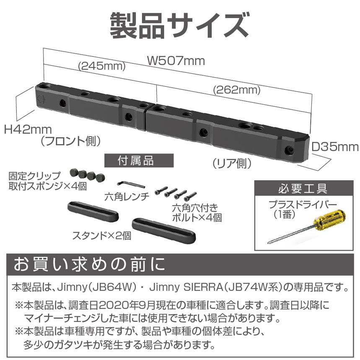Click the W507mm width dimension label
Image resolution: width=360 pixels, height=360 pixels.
(176, 61)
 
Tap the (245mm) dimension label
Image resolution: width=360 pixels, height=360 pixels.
(101, 66)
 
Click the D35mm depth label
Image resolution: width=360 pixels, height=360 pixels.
(335, 147)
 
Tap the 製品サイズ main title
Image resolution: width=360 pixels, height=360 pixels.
(179, 25)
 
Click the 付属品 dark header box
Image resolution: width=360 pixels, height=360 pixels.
(139, 161)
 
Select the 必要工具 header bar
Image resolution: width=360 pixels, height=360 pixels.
(303, 189)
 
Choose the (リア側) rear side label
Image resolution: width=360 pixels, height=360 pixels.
(231, 163)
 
